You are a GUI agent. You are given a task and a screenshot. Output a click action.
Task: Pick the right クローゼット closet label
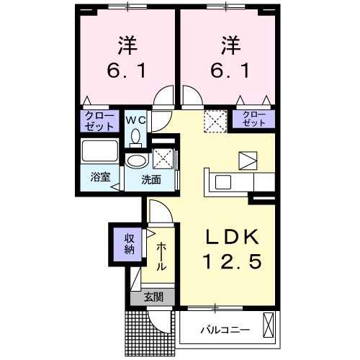point(252,118)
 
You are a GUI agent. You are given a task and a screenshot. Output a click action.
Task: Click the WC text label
point(135,120)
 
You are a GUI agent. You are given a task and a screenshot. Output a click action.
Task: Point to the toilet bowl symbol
point(135,137)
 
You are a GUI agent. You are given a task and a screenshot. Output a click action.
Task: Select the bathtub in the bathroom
point(99,152)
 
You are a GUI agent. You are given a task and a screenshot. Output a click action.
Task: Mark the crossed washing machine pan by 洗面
point(163,158)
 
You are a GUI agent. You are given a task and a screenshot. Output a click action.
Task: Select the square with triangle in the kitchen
point(247,161)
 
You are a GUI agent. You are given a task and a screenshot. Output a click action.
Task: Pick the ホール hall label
point(161,255)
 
